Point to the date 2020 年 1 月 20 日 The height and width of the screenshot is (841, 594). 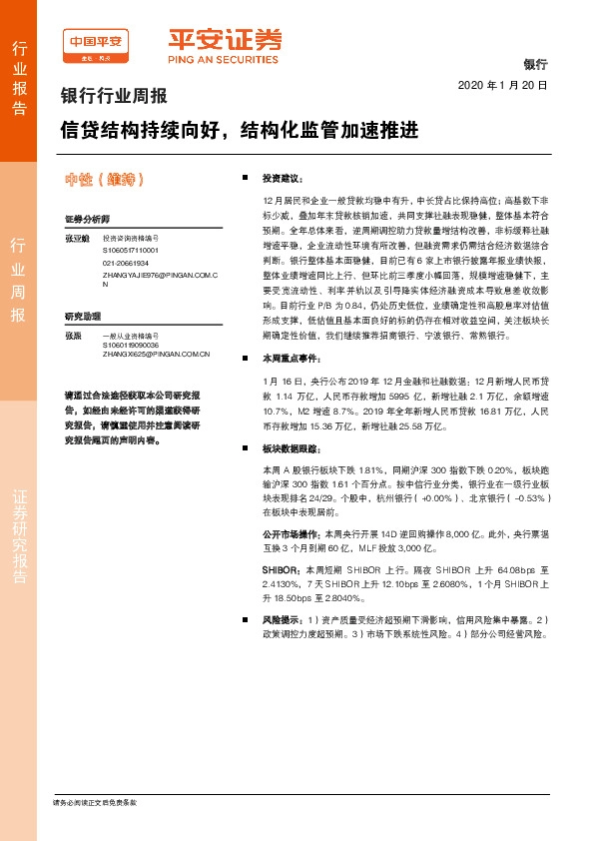[503, 86]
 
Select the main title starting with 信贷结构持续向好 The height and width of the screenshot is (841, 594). [238, 131]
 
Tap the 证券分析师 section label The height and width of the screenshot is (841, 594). [86, 219]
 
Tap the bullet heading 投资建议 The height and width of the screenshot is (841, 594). [282, 178]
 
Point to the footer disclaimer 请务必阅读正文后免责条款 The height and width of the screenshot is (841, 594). [94, 802]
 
